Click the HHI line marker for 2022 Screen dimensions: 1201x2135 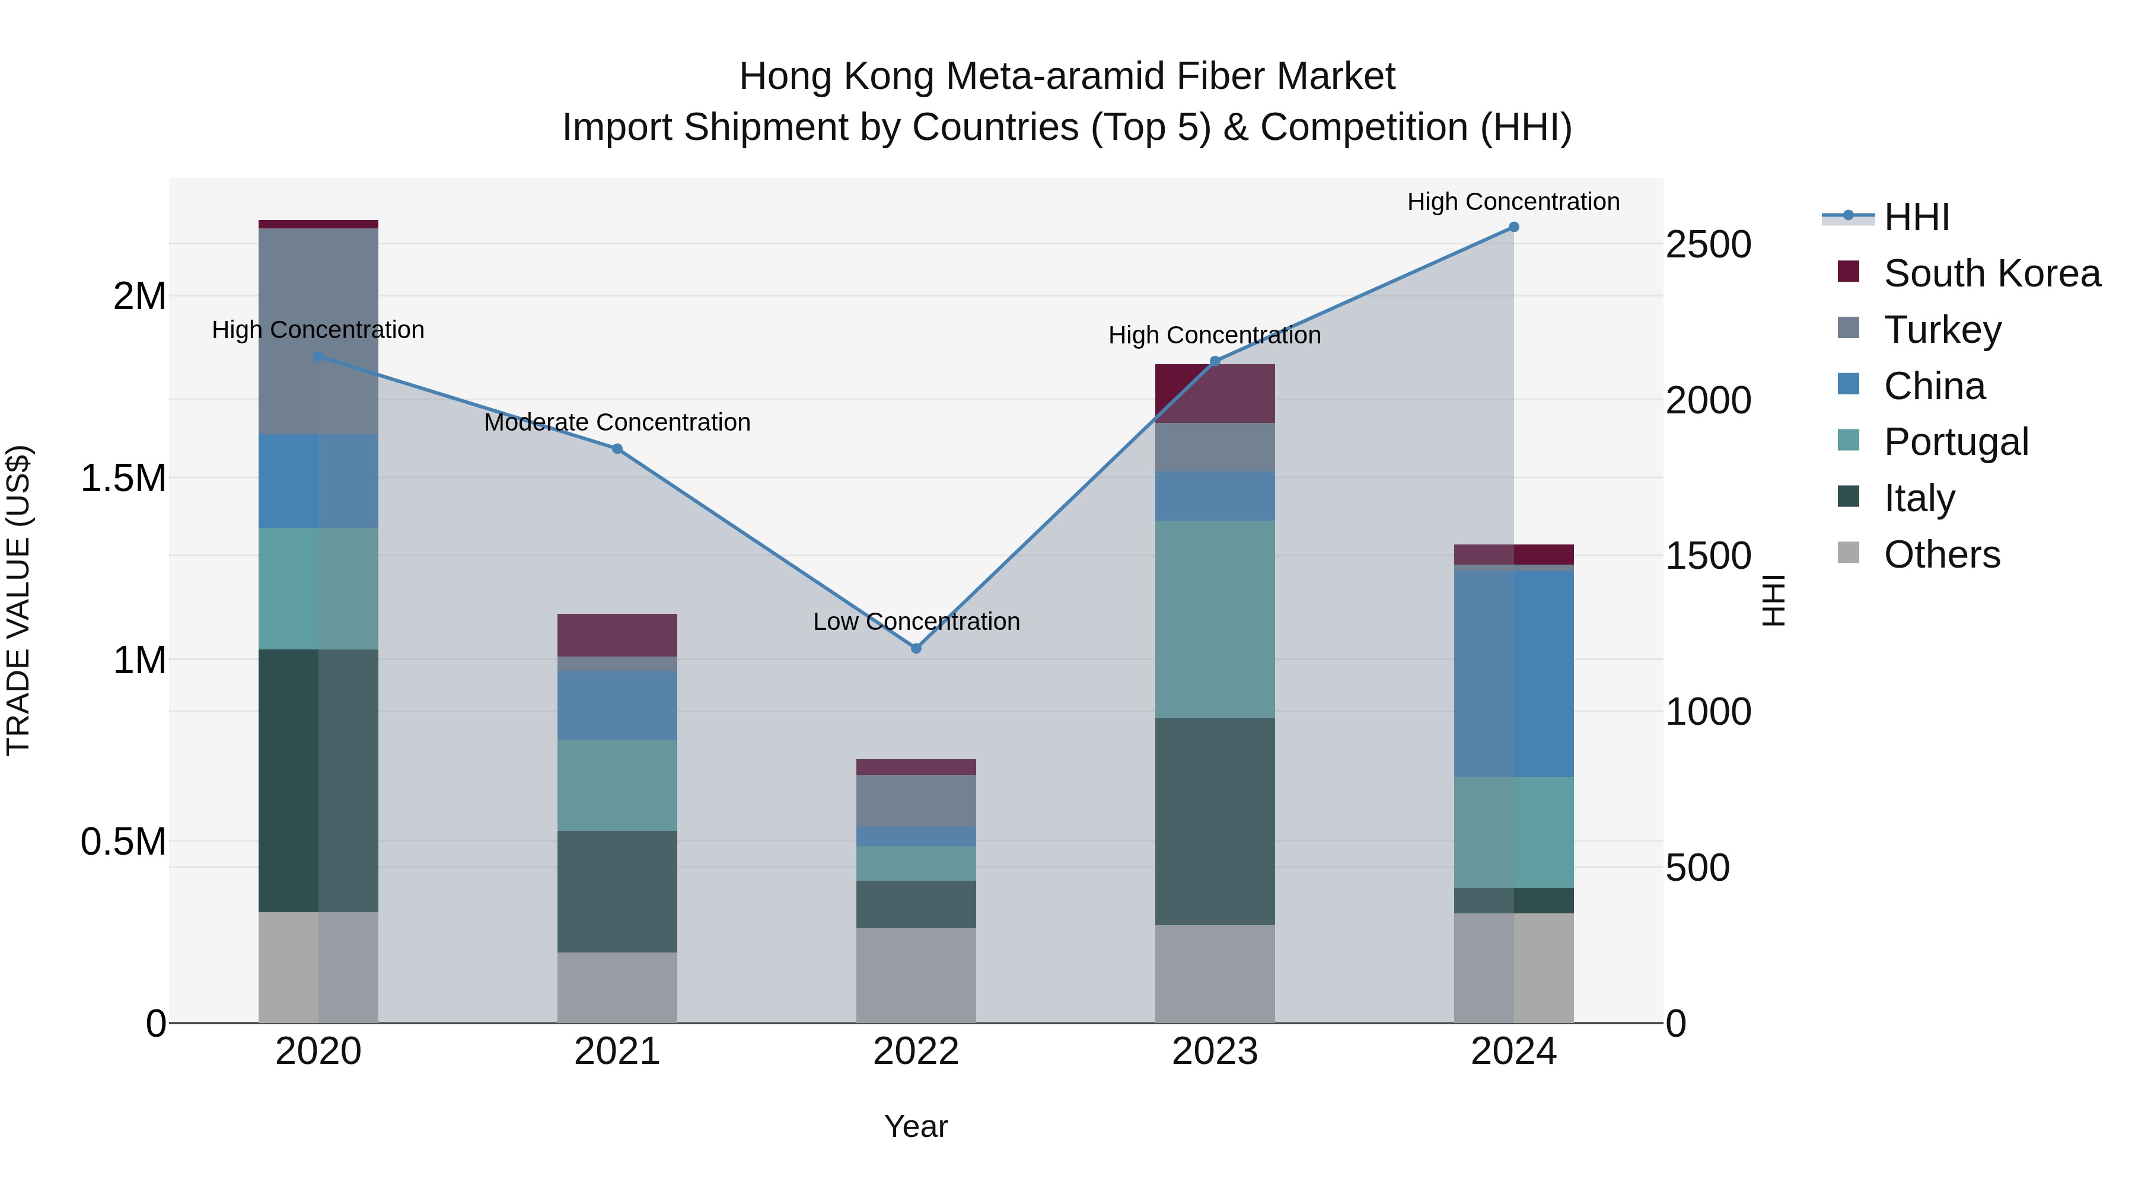tap(916, 648)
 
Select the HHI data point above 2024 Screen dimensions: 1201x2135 tap(1513, 227)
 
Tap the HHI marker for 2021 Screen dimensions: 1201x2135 tap(617, 449)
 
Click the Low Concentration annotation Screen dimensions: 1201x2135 tap(916, 622)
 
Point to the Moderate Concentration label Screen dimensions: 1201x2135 tap(617, 423)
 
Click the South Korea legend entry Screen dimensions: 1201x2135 tap(1991, 273)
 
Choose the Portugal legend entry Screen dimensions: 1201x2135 tap(1955, 442)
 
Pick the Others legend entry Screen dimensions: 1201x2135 tap(1941, 555)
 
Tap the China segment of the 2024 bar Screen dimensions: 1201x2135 tap(1513, 673)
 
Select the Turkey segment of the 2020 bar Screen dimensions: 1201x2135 tap(318, 331)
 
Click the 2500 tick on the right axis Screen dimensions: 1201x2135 tap(1708, 246)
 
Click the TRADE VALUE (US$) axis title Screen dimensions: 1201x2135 tap(19, 600)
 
